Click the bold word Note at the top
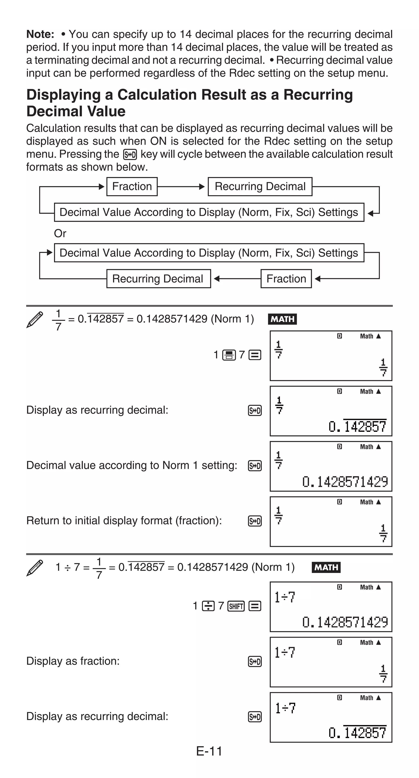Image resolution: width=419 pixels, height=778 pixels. click(40, 34)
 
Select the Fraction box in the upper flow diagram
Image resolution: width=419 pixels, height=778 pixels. click(132, 187)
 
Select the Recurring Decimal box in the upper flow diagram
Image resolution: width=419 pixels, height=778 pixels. click(260, 187)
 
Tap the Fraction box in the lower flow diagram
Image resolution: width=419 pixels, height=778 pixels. click(286, 279)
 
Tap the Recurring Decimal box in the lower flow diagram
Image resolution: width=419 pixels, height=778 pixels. click(158, 279)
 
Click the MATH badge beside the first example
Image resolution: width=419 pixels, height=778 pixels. click(282, 319)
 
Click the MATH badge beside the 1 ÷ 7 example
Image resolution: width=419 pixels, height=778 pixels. click(326, 567)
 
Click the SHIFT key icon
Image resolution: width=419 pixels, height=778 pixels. click(236, 606)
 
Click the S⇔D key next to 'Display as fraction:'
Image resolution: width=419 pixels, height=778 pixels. click(255, 662)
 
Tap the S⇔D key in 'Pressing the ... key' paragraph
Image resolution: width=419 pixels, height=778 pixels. click(130, 155)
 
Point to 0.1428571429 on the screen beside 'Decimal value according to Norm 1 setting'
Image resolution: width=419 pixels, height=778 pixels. click(345, 482)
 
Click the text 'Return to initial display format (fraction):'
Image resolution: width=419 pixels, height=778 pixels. click(124, 521)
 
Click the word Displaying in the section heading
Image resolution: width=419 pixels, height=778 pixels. click(63, 95)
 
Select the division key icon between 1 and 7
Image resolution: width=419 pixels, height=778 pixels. click(208, 606)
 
